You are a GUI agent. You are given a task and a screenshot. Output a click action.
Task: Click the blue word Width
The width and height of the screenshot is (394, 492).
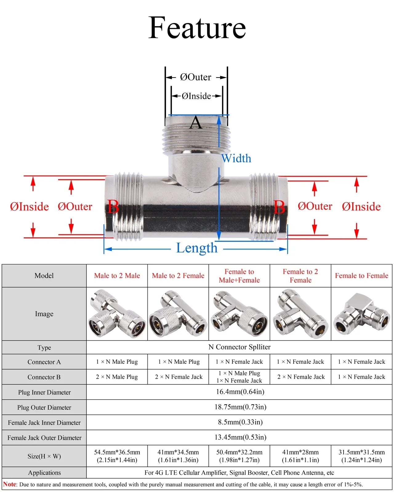pos(236,158)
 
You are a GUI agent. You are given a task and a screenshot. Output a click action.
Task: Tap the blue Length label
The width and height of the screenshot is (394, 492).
pos(197,248)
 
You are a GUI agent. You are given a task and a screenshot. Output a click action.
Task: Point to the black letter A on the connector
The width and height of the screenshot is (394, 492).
pos(196,123)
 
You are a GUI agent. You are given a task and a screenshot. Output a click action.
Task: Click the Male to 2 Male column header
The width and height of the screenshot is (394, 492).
pos(117,276)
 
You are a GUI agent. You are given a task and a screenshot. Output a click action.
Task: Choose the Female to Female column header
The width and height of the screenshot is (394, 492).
pos(361,276)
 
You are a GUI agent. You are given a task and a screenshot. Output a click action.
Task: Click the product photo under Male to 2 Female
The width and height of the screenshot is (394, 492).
pos(178,314)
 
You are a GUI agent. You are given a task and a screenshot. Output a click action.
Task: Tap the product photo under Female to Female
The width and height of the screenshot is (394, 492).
pos(361,314)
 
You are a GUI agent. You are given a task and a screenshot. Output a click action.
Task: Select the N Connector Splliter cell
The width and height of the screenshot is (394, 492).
pos(239,347)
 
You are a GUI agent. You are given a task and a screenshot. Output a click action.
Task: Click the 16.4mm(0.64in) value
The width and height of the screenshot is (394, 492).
pos(240,392)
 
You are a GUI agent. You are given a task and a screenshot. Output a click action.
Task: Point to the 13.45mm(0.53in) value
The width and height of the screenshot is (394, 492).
pos(240,437)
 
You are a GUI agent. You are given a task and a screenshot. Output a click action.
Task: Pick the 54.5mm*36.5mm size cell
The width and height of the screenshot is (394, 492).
pos(117,456)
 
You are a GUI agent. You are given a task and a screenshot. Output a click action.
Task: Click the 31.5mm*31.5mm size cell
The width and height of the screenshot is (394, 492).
pos(361,456)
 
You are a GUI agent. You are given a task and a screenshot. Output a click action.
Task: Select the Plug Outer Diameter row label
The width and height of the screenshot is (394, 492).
pos(44,407)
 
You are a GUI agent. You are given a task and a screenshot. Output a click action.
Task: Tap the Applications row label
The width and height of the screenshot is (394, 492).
pos(44,473)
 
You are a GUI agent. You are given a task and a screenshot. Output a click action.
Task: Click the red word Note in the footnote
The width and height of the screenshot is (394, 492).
pos(10,484)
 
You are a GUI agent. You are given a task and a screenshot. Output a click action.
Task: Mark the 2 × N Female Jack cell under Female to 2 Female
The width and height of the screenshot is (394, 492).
pos(300,377)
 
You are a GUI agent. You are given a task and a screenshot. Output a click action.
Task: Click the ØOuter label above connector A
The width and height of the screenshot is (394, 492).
pos(196,77)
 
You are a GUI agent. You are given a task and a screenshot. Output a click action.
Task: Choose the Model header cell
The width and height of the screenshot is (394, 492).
pos(44,276)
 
